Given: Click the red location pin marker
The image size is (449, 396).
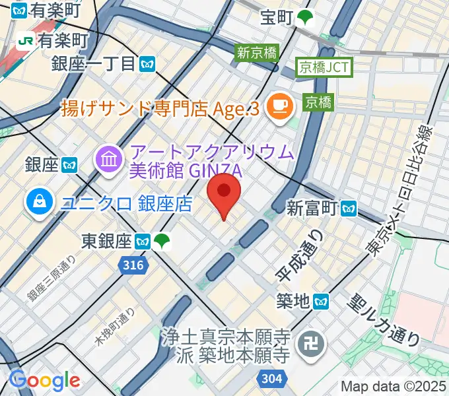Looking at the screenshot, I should [x=224, y=192].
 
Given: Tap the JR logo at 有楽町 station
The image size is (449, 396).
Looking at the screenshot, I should [x=26, y=40].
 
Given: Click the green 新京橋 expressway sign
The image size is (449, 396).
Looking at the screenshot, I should [x=258, y=52].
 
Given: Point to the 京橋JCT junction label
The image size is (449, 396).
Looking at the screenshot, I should [x=325, y=67].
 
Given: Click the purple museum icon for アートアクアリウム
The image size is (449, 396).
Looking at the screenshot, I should [x=106, y=158].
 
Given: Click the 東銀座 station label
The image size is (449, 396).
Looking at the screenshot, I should [x=108, y=242].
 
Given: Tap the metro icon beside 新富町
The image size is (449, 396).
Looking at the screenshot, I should [x=349, y=209].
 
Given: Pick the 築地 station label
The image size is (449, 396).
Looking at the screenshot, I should [x=293, y=302].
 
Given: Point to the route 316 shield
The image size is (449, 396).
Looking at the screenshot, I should [x=131, y=264].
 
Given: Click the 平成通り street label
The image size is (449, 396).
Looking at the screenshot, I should [x=299, y=254].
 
